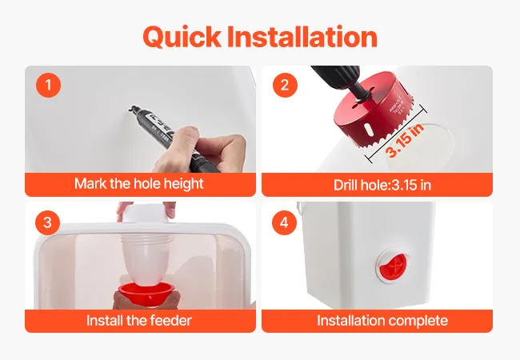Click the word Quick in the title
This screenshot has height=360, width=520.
[x=182, y=37]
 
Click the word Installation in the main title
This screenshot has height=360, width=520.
[x=302, y=36]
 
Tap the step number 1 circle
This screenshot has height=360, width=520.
[x=49, y=85]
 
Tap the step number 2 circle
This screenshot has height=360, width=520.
[x=286, y=85]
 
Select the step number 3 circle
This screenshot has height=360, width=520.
[x=48, y=222]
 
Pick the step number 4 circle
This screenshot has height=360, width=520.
[x=285, y=222]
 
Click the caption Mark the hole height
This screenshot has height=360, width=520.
[x=139, y=184]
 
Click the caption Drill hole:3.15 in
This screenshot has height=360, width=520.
[x=382, y=185]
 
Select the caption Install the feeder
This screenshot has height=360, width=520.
[x=139, y=321]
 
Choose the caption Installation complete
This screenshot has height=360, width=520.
[x=382, y=321]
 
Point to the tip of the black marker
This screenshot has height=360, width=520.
[x=130, y=108]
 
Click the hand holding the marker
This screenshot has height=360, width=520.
[x=203, y=150]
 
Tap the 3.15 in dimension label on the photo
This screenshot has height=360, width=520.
[x=406, y=139]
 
